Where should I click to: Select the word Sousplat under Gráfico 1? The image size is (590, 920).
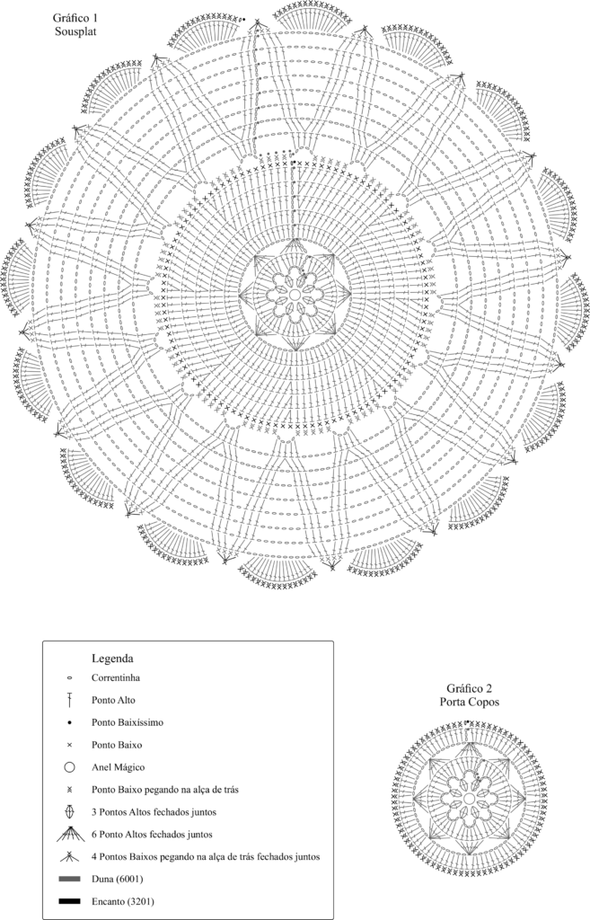click(75, 31)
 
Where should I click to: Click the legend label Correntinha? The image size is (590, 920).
click(116, 677)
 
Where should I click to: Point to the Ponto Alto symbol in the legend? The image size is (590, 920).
click(69, 700)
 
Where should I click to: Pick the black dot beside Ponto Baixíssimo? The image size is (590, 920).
click(69, 722)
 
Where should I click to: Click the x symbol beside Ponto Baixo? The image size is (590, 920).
click(69, 745)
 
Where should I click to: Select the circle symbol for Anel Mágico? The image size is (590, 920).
click(69, 767)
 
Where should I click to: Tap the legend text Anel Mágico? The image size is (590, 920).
click(118, 767)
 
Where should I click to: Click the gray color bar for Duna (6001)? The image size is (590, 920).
click(69, 879)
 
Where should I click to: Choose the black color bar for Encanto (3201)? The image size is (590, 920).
click(69, 900)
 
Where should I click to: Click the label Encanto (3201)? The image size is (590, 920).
click(122, 900)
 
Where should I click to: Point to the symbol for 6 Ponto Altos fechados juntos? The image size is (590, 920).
click(70, 834)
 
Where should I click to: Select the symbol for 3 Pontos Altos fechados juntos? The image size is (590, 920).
click(69, 812)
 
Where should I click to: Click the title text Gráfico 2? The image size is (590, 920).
click(469, 688)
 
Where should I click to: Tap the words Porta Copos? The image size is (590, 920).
click(469, 702)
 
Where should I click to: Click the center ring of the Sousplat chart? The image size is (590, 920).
click(295, 294)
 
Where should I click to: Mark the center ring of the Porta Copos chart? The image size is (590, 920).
click(469, 799)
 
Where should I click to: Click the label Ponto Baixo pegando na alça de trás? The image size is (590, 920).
click(165, 790)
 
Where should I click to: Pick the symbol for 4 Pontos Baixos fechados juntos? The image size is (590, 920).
click(69, 856)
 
